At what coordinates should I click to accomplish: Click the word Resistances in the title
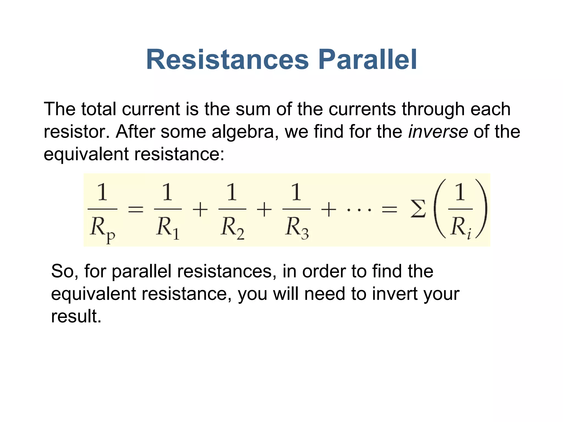click(x=227, y=60)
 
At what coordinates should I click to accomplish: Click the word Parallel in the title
click(x=368, y=60)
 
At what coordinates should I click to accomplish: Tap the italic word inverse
click(x=438, y=132)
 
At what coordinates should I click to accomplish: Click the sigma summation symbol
click(x=418, y=209)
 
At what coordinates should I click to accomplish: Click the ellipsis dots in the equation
click(x=359, y=210)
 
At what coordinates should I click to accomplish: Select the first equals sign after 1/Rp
click(x=136, y=210)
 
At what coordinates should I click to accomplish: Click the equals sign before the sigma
click(x=390, y=210)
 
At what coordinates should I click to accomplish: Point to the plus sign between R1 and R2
click(x=200, y=210)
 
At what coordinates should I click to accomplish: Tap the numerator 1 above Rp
click(x=102, y=192)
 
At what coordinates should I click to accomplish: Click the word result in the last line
click(x=76, y=316)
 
